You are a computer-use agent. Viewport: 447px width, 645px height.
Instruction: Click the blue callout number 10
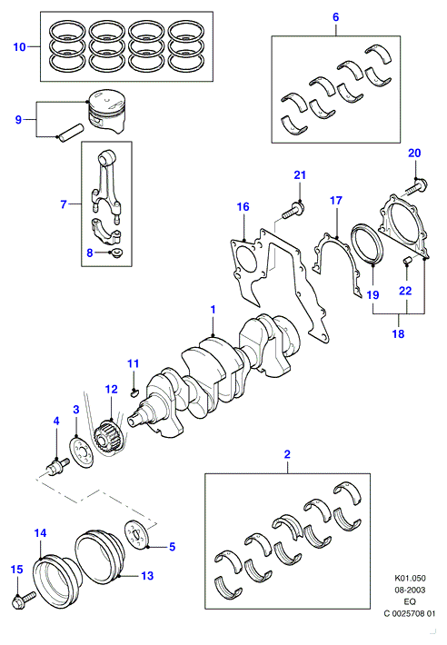click(x=19, y=47)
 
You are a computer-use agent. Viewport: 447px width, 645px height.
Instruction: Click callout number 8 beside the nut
click(x=90, y=253)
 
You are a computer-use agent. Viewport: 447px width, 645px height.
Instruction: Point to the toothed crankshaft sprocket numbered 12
click(x=107, y=437)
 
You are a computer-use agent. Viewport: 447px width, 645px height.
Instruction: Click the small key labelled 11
click(x=134, y=392)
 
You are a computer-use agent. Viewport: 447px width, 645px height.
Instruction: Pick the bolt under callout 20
click(x=417, y=187)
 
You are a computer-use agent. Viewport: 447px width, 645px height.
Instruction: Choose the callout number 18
click(x=398, y=333)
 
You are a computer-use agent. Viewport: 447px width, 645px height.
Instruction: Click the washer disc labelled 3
click(x=81, y=453)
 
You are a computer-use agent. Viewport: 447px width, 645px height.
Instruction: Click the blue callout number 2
click(x=287, y=454)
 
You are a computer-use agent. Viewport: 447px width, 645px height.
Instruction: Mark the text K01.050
click(x=411, y=578)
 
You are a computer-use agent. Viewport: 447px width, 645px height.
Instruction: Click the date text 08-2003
click(x=411, y=590)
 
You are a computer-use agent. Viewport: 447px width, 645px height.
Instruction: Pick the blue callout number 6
click(x=335, y=17)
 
